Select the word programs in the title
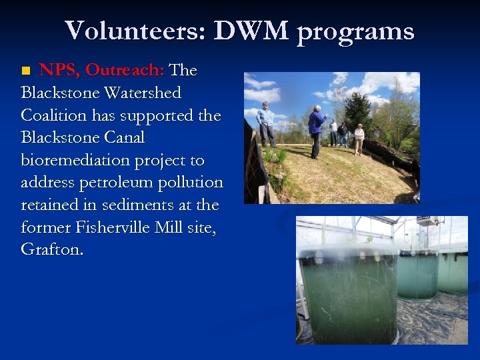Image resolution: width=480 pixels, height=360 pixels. tap(355, 32)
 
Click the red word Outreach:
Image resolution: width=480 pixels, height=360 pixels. tap(125, 70)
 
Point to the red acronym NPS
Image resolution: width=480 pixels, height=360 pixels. tap(59, 70)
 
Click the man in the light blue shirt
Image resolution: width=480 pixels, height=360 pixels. tap(266, 123)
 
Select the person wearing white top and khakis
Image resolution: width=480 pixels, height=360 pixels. tap(359, 139)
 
